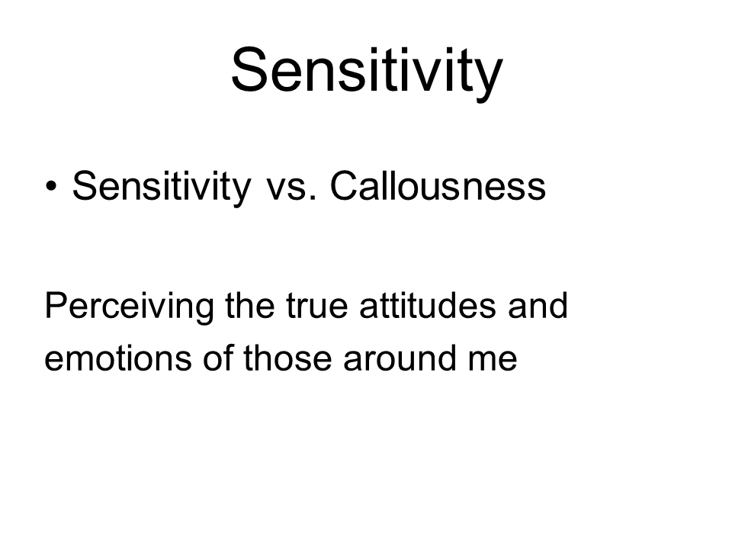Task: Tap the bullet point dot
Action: point(51,186)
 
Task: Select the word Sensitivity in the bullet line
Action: point(162,187)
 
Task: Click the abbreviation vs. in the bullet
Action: point(291,190)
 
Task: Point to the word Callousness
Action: point(438,186)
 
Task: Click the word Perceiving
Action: point(130,307)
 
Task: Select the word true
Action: point(317,307)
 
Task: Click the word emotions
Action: point(118,358)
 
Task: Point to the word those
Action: point(287,358)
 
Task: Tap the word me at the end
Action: point(493,361)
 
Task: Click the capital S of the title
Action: point(250,69)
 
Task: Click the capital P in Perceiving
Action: point(57,305)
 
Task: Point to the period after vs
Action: point(313,198)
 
